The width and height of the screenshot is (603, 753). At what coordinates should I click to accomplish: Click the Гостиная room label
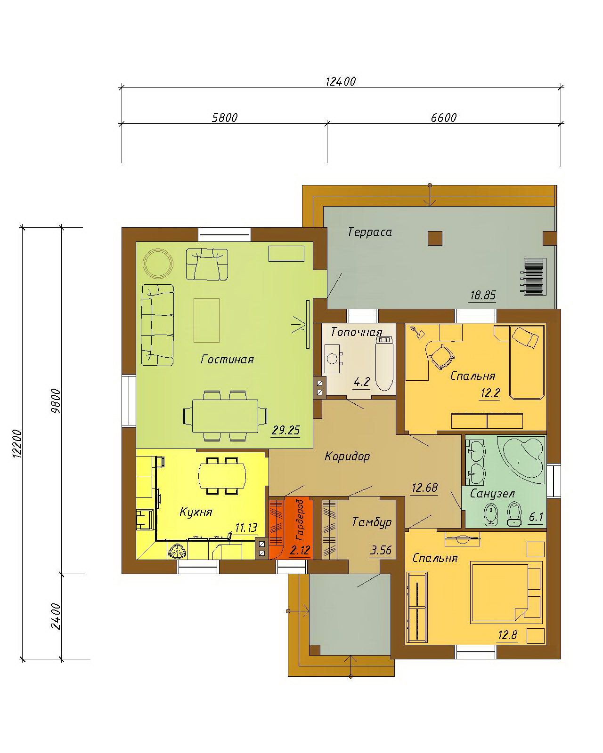pyautogui.click(x=227, y=360)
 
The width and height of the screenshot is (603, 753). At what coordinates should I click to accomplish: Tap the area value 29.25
pyautogui.click(x=285, y=430)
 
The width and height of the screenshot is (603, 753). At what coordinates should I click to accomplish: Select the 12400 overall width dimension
pyautogui.click(x=341, y=81)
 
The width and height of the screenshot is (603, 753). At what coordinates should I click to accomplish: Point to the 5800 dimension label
pyautogui.click(x=225, y=118)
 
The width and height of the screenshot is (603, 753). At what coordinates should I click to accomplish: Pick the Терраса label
pyautogui.click(x=370, y=232)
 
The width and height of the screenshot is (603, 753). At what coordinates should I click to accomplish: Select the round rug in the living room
pyautogui.click(x=158, y=264)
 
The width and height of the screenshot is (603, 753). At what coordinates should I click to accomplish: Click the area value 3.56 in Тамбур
pyautogui.click(x=381, y=550)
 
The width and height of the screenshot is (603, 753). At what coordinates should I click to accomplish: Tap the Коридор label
pyautogui.click(x=347, y=457)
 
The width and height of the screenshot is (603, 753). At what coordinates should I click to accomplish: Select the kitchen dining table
pyautogui.click(x=222, y=475)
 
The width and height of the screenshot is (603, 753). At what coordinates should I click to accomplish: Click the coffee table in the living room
pyautogui.click(x=206, y=320)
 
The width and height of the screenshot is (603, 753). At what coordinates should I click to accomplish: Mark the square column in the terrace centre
pyautogui.click(x=435, y=238)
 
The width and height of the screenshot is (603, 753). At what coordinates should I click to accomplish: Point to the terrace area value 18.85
pyautogui.click(x=482, y=296)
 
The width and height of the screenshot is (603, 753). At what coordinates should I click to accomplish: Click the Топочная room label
pyautogui.click(x=357, y=332)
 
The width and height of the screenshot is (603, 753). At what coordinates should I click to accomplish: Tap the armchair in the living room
pyautogui.click(x=207, y=264)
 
